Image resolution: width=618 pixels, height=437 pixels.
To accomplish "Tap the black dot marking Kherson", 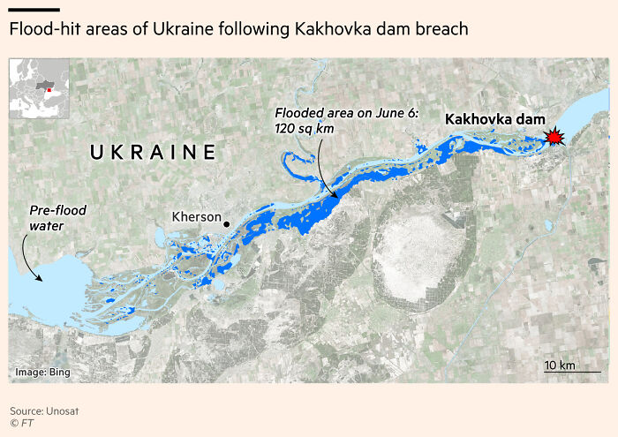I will (x=227, y=224).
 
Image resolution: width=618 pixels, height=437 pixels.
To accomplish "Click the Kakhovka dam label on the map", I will (x=494, y=119).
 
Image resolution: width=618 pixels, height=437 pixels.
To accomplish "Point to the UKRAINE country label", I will (x=153, y=152).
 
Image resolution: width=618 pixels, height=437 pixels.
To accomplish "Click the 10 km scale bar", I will (x=571, y=372).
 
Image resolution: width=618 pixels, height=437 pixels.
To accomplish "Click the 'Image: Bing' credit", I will (x=41, y=373).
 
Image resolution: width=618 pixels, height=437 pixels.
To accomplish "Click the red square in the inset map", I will (x=49, y=89).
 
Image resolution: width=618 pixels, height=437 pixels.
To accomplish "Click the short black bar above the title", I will (x=34, y=10).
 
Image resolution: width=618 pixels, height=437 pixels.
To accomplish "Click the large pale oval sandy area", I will (x=424, y=260).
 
